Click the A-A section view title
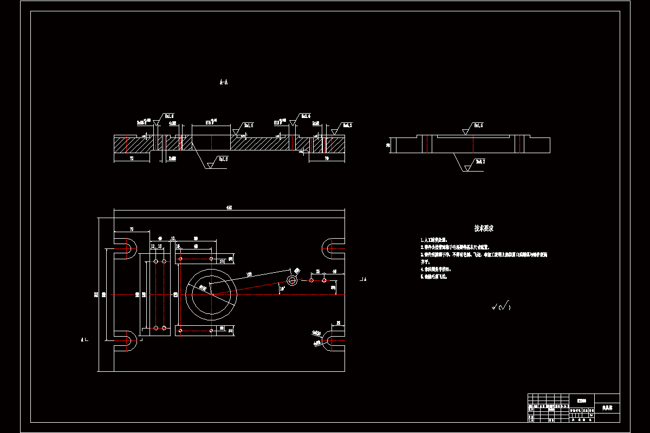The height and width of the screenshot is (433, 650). click(223, 82)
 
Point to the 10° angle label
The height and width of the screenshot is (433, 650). click(282, 289)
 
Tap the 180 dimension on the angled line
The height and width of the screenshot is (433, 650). click(250, 274)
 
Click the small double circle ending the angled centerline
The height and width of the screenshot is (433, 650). click(292, 280)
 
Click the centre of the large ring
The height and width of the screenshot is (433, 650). click(211, 295)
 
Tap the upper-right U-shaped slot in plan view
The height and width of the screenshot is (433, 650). click(331, 249)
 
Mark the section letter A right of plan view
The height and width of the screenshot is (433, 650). click(364, 279)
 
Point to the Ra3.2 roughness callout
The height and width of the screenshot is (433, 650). click(479, 161)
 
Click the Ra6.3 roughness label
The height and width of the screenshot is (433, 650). click(347, 125)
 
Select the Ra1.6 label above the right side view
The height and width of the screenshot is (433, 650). click(478, 125)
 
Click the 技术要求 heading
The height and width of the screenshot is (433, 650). click(484, 228)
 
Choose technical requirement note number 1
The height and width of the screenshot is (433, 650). click(434, 239)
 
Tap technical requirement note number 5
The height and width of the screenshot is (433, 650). click(434, 276)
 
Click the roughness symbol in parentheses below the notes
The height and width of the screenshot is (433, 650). click(502, 307)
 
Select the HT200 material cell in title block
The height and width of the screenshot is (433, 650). click(581, 401)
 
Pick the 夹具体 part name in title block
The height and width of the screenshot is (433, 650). click(607, 407)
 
